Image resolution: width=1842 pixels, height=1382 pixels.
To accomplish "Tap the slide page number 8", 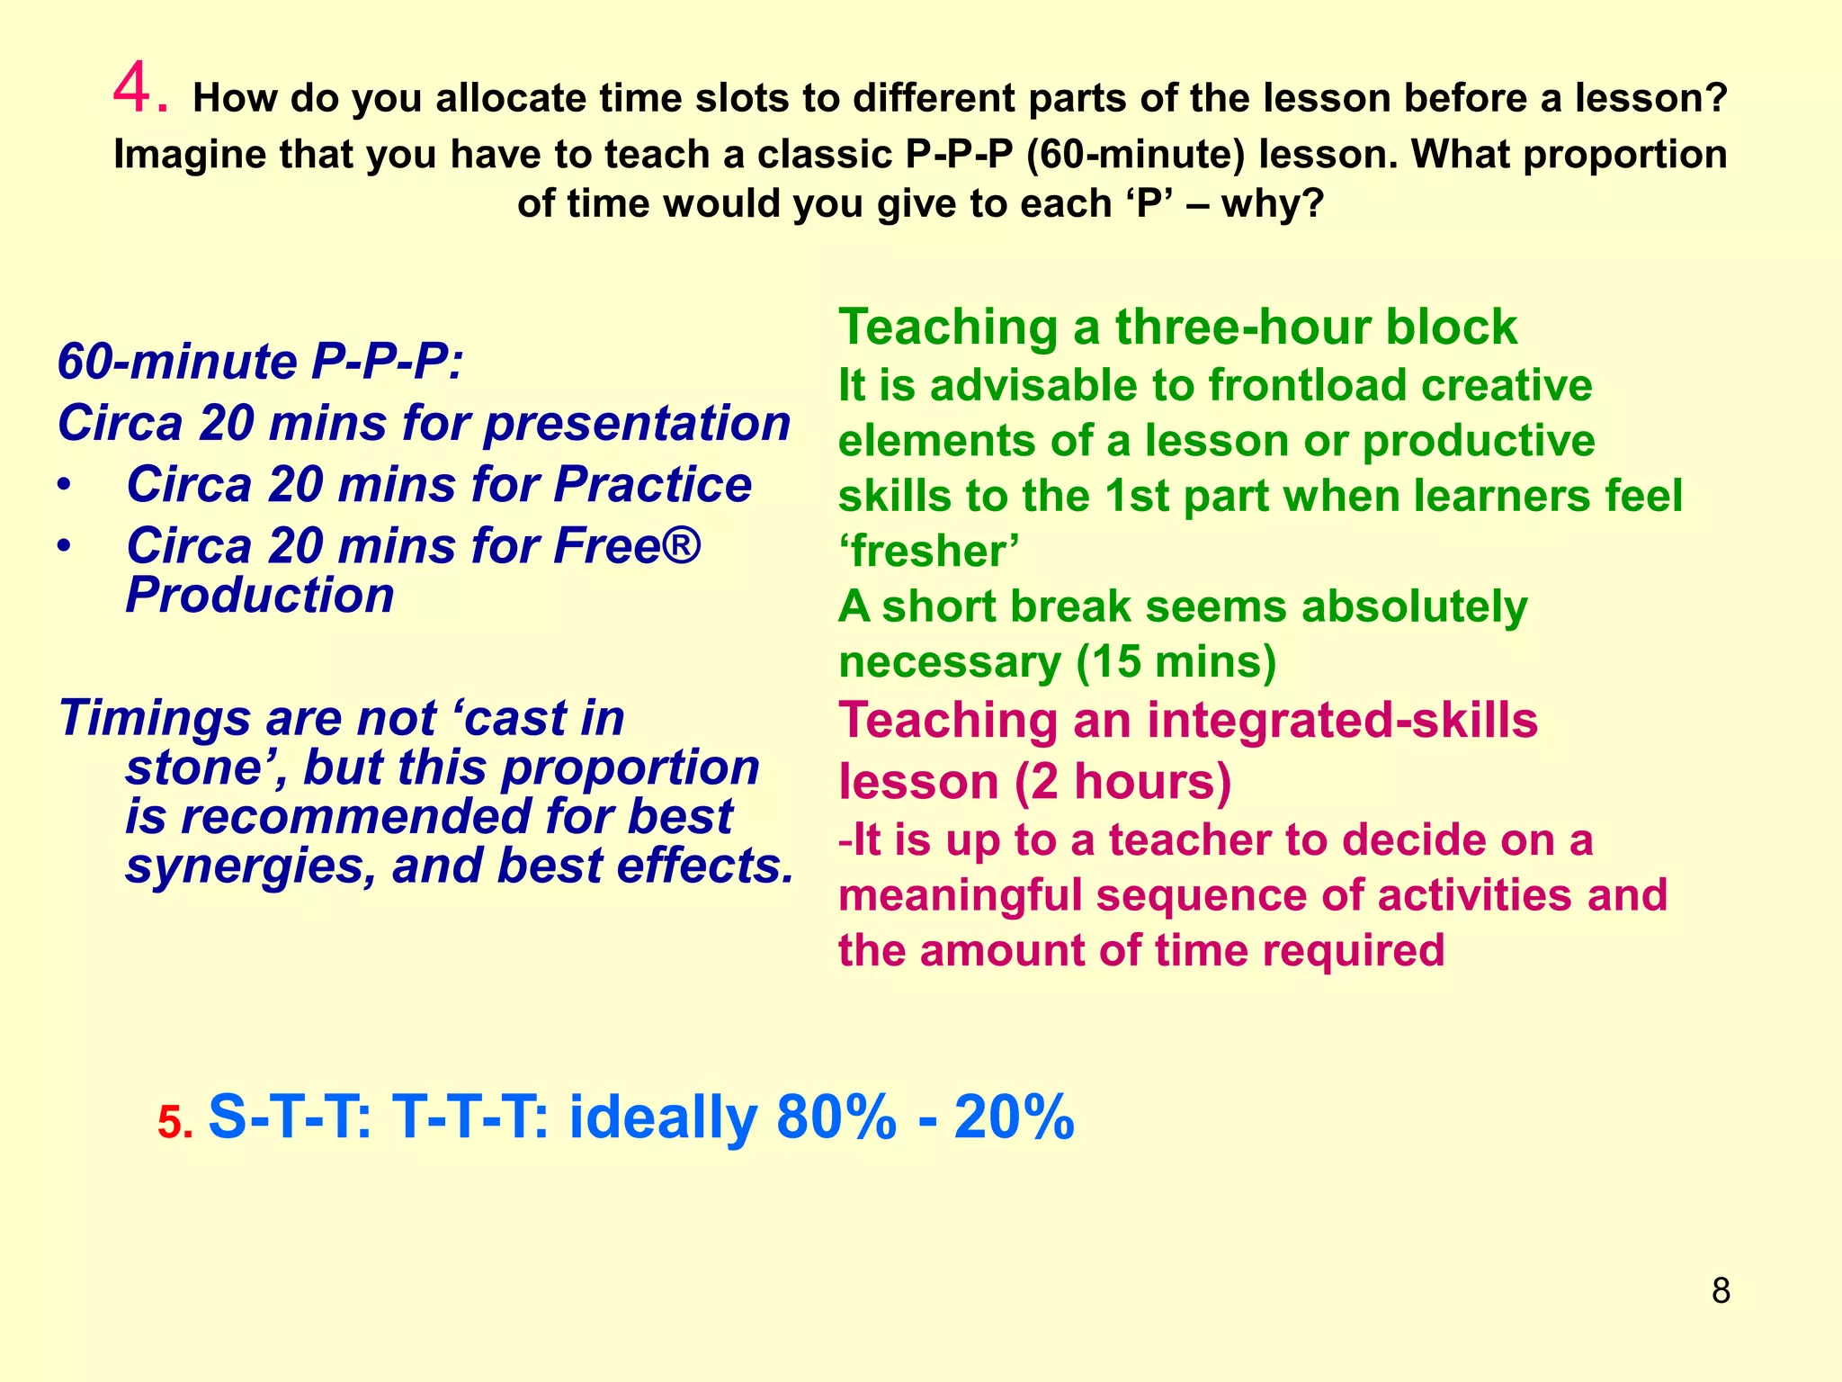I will pos(1721,1291).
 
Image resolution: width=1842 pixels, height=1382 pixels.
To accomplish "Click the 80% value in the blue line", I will pos(836,1117).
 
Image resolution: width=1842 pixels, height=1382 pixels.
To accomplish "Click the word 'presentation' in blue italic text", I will pos(637,423).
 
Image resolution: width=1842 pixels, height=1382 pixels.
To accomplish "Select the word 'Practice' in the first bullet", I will pos(652,485).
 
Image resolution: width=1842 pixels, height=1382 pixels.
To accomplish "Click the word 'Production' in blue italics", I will pos(260,596).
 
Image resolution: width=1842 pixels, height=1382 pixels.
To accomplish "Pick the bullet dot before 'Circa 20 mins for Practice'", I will pos(62,486).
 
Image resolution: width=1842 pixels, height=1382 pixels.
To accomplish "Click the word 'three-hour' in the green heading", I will pos(1242,327).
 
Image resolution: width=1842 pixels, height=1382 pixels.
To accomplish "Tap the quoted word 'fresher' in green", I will pos(929,552).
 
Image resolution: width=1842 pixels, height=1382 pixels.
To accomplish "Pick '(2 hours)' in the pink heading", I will pos(1123,782).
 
